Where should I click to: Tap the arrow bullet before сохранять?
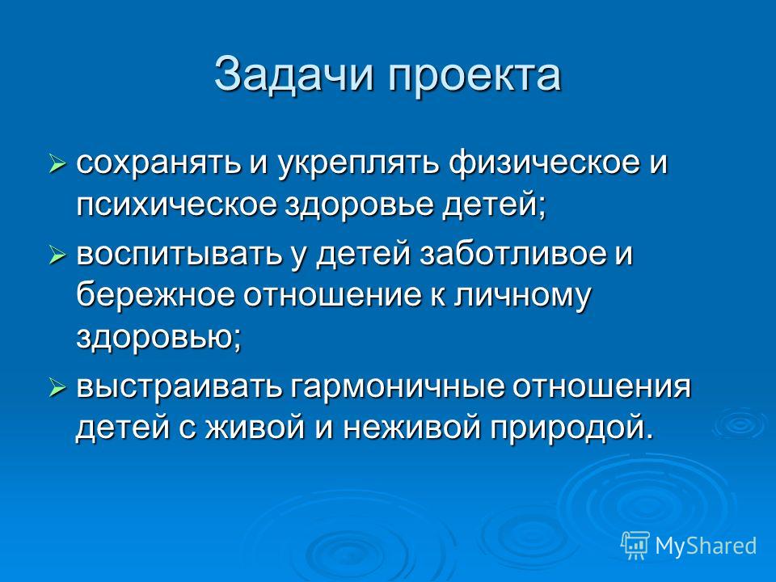click(x=57, y=163)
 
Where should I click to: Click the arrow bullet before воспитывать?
click(x=57, y=255)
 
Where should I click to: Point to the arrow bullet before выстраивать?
click(x=57, y=388)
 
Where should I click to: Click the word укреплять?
click(x=359, y=164)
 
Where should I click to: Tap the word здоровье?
click(x=358, y=205)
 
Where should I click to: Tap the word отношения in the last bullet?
click(x=601, y=388)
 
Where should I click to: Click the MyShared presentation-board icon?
click(x=635, y=545)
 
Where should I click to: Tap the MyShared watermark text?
click(x=706, y=546)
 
